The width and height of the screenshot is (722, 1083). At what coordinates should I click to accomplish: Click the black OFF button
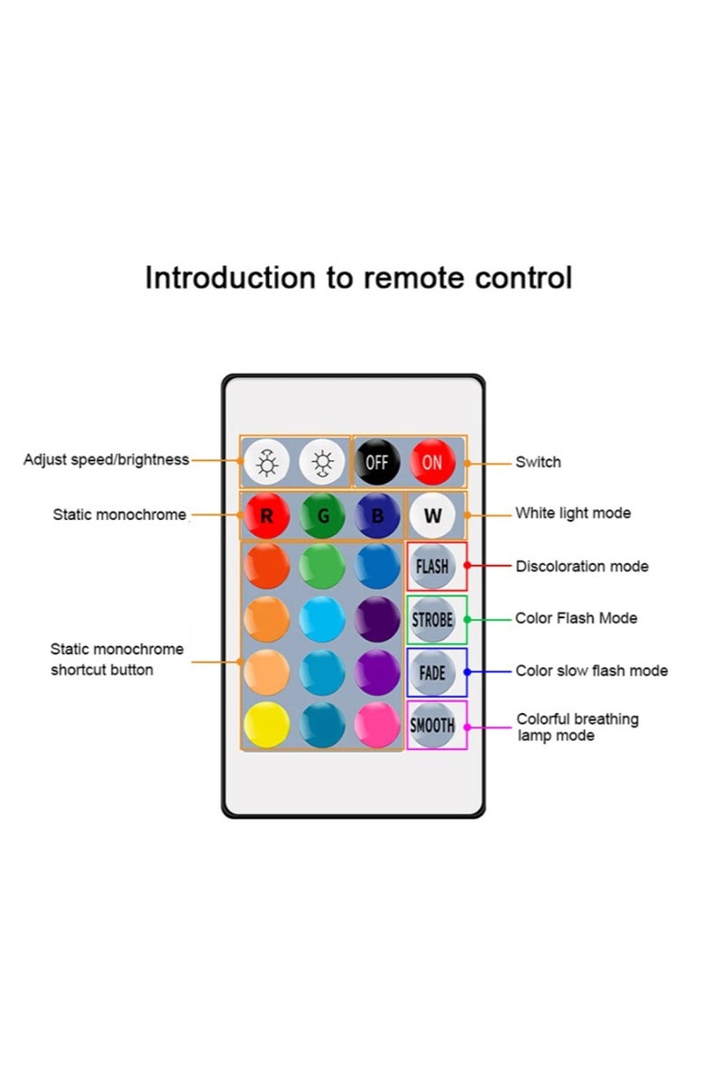coord(376,462)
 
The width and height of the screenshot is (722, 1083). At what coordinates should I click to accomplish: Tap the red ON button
coord(431,462)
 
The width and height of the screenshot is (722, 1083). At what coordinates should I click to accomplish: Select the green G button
coord(322,516)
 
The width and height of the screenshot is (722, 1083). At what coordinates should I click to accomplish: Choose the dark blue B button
coord(377,516)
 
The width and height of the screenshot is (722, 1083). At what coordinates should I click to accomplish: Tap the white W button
coord(432,516)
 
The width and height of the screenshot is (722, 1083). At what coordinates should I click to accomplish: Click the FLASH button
coord(432,567)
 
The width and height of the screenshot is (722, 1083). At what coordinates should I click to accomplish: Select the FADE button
coord(432,672)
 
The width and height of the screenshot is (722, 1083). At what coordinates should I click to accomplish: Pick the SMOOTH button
coord(432,725)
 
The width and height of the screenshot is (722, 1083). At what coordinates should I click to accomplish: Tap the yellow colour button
coord(266,725)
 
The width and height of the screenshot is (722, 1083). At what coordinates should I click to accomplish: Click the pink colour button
coord(377,725)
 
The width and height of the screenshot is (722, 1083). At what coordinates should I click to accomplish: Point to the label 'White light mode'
coord(573,514)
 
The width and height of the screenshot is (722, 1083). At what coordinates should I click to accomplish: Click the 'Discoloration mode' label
coord(581,567)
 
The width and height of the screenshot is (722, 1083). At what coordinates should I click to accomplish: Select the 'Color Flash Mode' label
coord(576,618)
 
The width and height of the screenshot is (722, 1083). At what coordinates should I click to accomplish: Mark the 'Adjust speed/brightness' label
coord(106,459)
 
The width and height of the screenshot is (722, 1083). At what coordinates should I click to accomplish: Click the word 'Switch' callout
coord(538,462)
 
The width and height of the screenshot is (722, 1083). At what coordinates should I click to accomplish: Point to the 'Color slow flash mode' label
coord(591,671)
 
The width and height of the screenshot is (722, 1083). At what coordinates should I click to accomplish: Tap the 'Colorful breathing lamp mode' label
coord(577,727)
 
